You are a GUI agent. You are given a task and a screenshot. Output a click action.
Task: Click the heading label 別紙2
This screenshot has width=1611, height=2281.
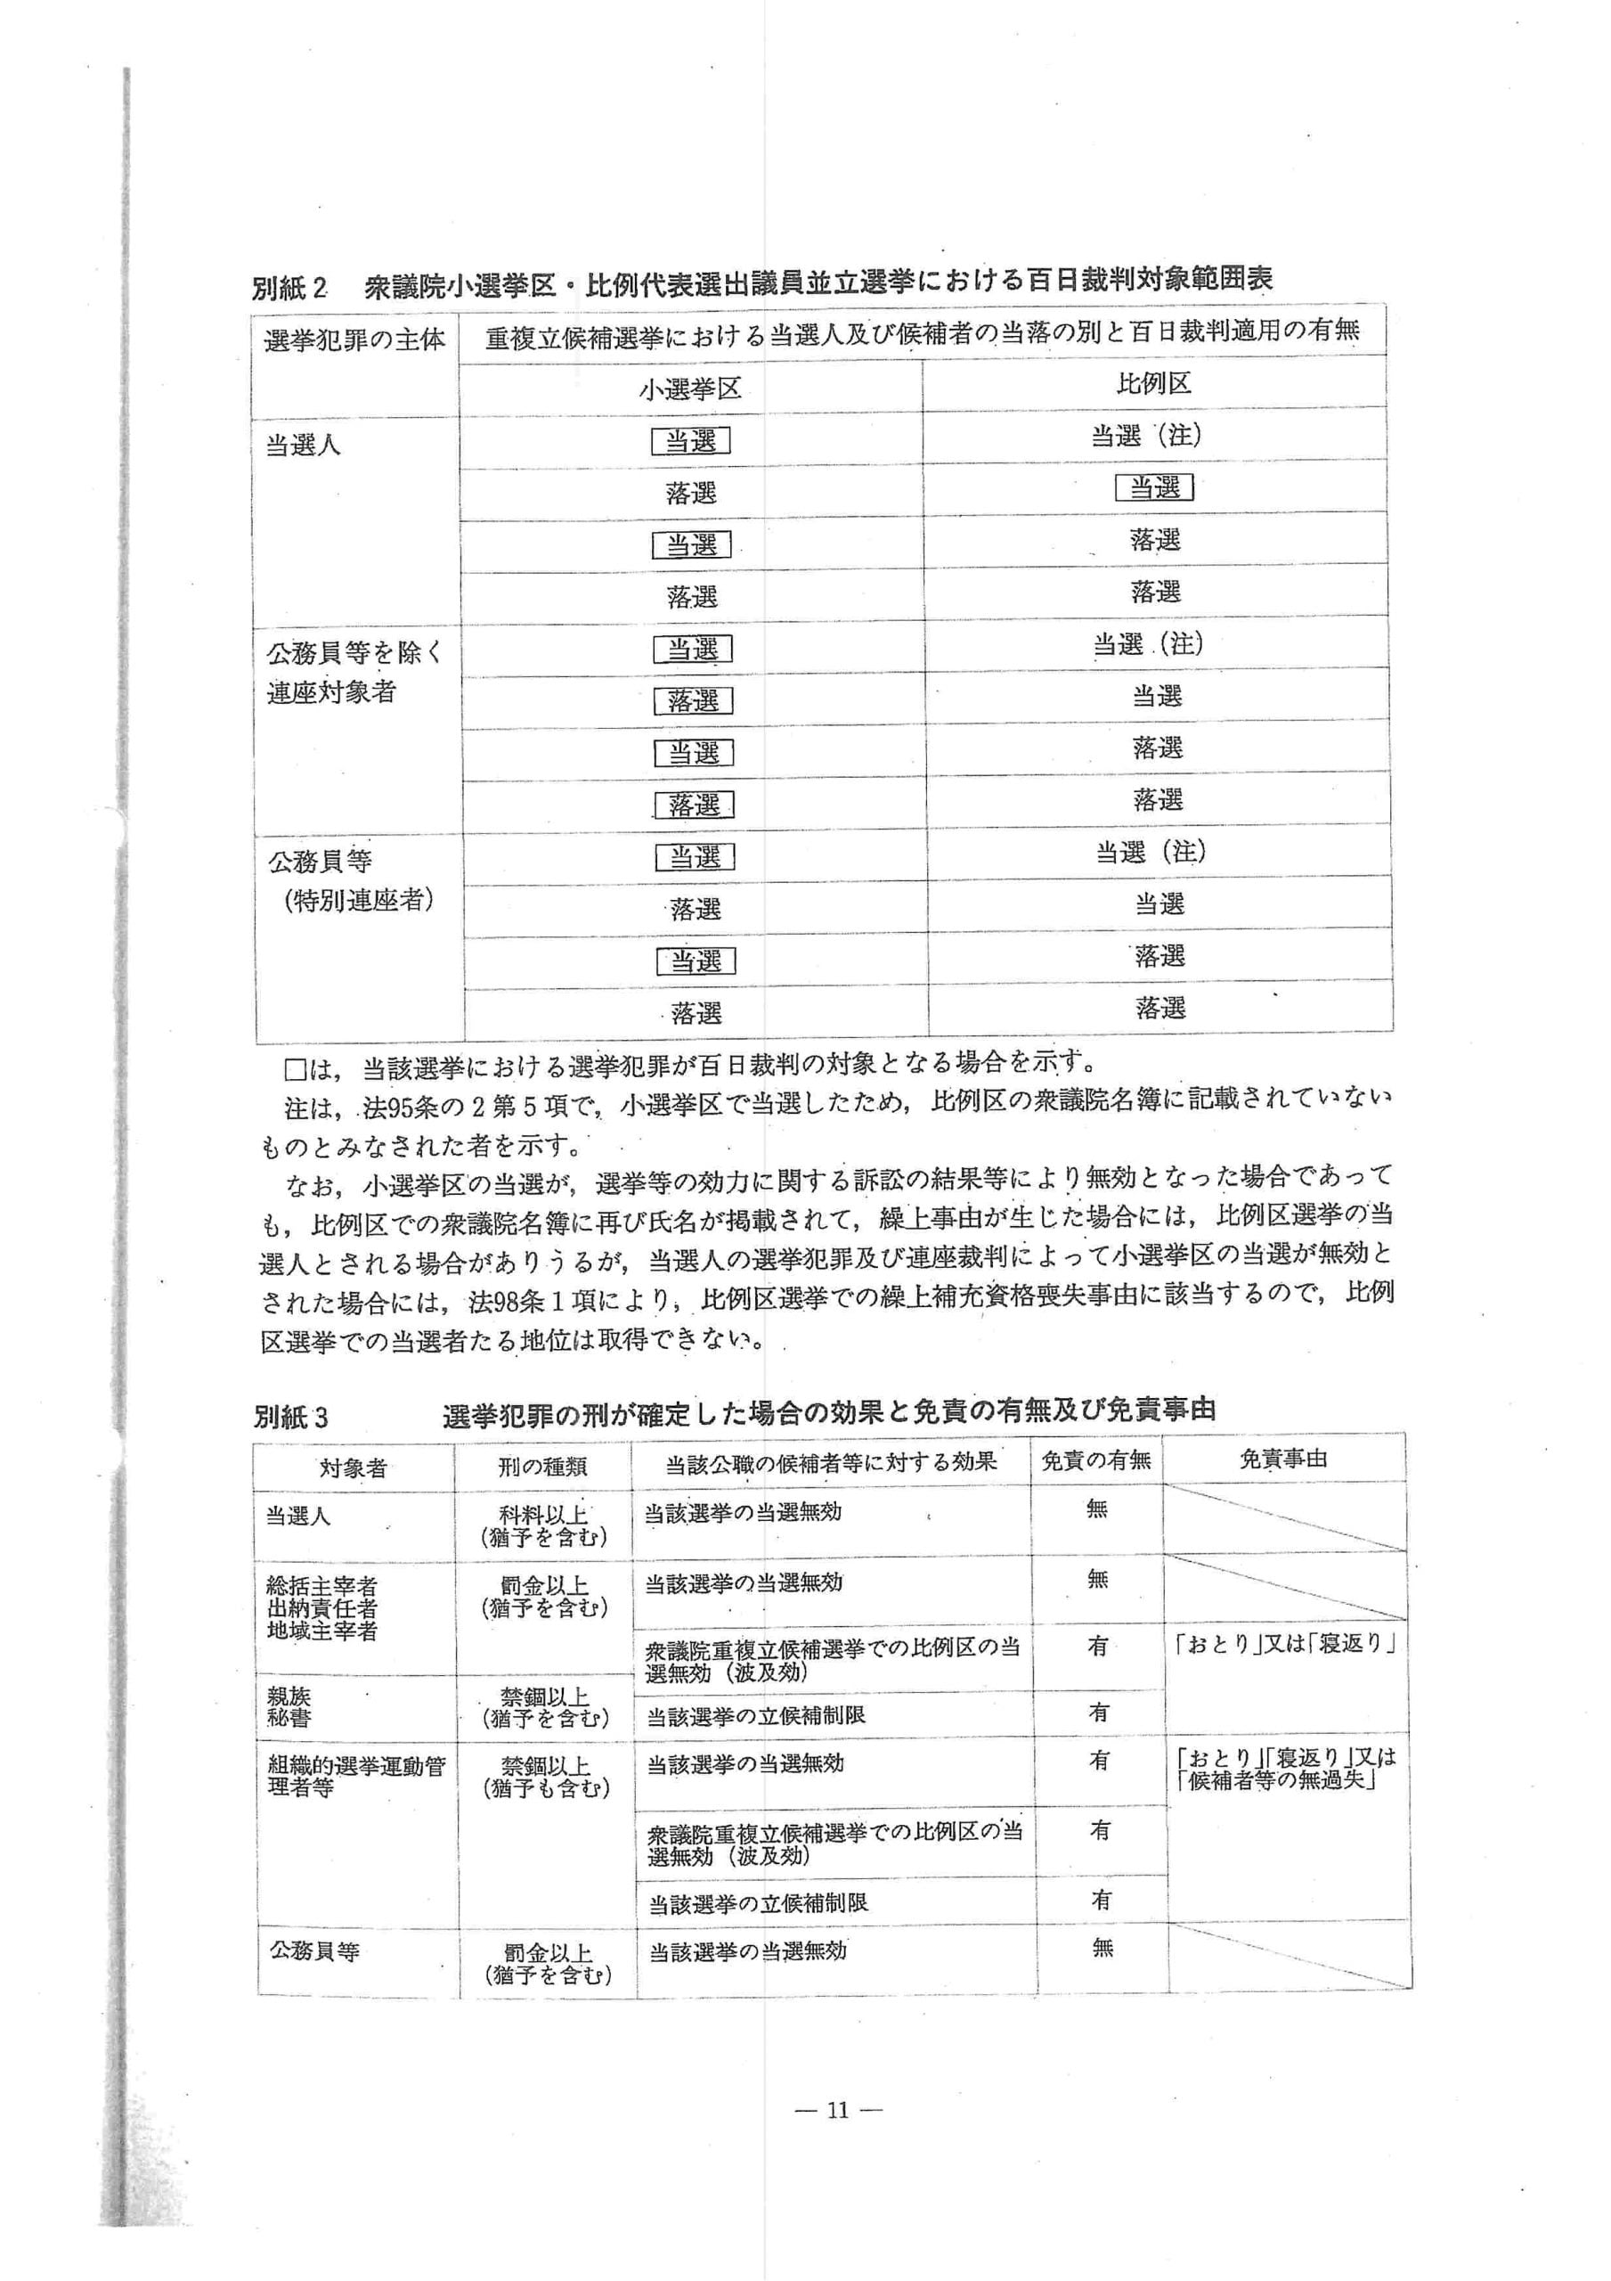[289, 288]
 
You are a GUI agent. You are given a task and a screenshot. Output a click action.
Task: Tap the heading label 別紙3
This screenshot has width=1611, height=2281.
[290, 1416]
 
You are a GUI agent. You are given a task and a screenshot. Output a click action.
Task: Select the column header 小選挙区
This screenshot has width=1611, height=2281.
[690, 388]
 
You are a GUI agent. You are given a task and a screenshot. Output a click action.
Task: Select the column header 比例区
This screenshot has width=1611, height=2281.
[1153, 383]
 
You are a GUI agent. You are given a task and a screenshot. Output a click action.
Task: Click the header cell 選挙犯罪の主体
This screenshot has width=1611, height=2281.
[354, 340]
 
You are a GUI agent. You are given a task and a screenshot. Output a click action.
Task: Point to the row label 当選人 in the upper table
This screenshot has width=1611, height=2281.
[303, 446]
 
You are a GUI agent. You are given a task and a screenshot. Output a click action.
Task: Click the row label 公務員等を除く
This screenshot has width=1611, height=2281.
[354, 654]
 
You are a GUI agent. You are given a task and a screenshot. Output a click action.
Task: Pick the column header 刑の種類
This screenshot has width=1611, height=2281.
[542, 1467]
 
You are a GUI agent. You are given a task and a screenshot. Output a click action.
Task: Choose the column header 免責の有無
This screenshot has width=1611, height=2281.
[1095, 1459]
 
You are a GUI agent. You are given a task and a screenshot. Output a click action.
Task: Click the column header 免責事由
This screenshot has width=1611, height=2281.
[1283, 1459]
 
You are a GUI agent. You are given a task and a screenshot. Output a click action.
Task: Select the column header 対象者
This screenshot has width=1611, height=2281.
[353, 1468]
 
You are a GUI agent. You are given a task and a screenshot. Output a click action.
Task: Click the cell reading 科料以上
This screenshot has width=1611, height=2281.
[543, 1516]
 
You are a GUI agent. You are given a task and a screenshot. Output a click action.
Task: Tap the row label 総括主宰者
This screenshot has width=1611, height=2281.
[321, 1586]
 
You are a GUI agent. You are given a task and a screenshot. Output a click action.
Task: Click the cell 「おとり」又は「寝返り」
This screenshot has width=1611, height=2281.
[1285, 1644]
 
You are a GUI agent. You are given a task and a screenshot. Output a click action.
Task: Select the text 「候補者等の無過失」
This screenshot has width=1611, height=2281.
[1277, 1780]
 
